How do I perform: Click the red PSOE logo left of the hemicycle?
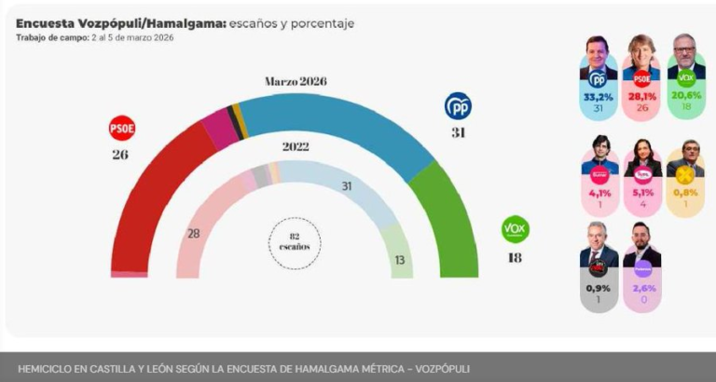pyautogui.click(x=122, y=127)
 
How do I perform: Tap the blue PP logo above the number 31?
pyautogui.click(x=458, y=106)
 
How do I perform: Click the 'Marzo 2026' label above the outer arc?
pyautogui.click(x=296, y=82)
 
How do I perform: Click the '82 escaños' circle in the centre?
pyautogui.click(x=295, y=241)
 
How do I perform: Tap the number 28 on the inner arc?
pyautogui.click(x=194, y=233)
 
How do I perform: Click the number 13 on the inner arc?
pyautogui.click(x=400, y=260)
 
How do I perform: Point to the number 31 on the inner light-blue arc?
pyautogui.click(x=346, y=186)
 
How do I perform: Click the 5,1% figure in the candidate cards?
pyautogui.click(x=641, y=194)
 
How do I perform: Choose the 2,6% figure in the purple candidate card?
pyautogui.click(x=641, y=288)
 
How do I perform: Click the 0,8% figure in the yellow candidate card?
pyautogui.click(x=685, y=194)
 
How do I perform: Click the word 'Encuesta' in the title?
pyautogui.click(x=47, y=22)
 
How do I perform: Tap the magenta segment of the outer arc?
pyautogui.click(x=220, y=129)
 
